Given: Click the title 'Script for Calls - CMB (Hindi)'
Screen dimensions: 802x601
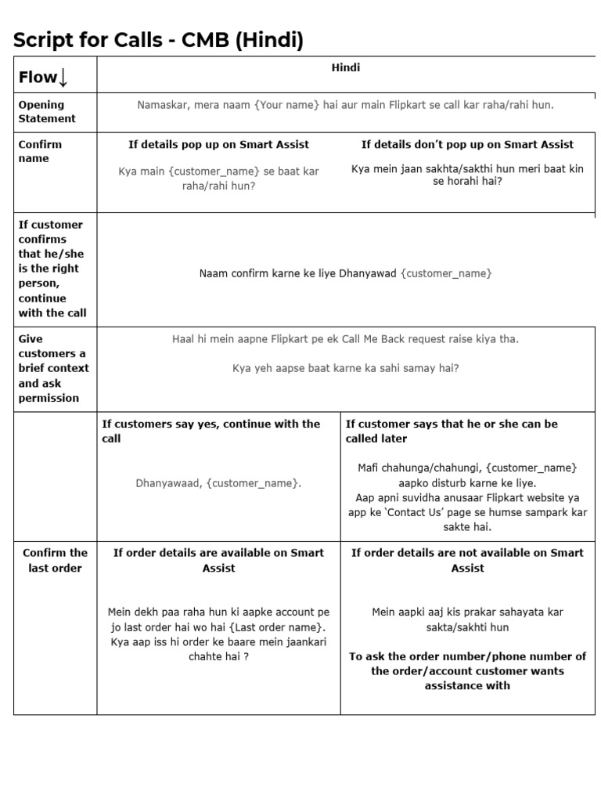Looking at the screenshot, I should pos(157,40).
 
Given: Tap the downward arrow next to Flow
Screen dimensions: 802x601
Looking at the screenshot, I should pos(63,77).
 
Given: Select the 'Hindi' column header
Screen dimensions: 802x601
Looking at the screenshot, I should pos(345,68).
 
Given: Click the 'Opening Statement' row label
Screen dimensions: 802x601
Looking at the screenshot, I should pos(47,111).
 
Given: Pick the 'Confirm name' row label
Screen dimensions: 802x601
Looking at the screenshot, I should pos(40,151).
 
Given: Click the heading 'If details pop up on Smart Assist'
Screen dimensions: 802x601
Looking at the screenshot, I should pos(218,144).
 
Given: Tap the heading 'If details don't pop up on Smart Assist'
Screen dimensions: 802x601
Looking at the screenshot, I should pos(467,144).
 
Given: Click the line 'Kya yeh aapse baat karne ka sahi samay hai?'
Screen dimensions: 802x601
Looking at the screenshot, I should pos(345,367).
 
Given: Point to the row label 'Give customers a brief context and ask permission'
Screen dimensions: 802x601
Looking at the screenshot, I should pos(53,368).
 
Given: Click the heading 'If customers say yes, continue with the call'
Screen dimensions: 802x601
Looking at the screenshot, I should pos(211,431).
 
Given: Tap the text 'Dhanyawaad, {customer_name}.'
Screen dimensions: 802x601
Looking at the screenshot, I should pos(218,483).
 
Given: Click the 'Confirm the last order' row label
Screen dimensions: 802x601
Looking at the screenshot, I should pos(55,560).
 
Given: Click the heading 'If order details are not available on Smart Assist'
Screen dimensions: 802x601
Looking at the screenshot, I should pos(467,560).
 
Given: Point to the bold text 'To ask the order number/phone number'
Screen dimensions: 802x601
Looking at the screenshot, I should pos(467,656).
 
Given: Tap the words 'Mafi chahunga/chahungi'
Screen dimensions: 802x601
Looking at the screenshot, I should pos(413,468).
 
